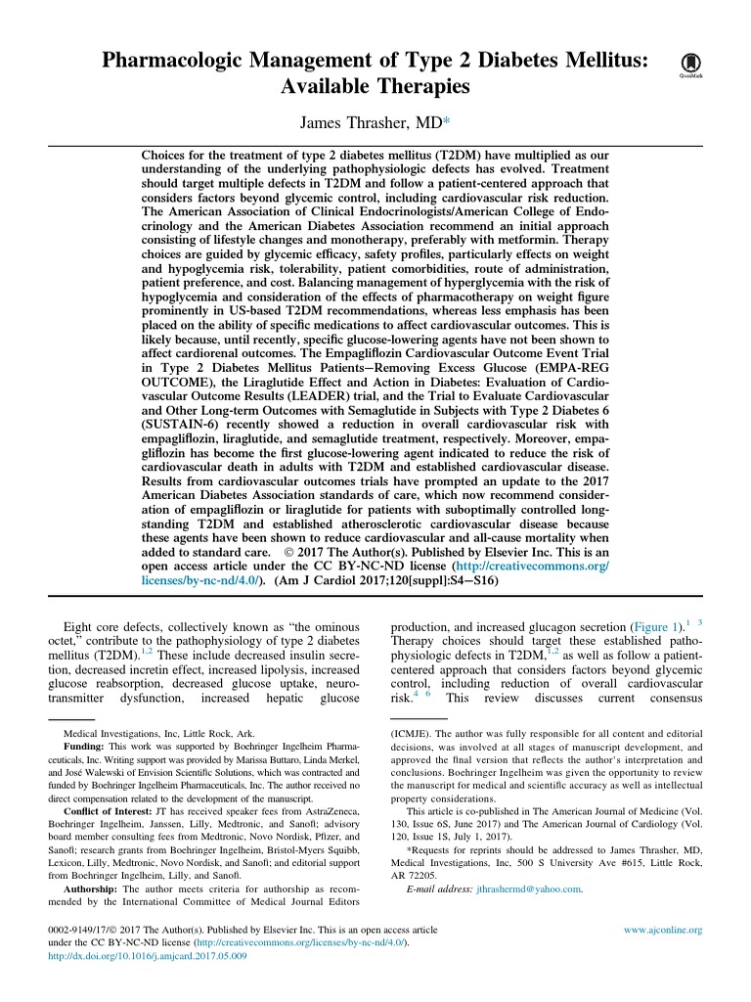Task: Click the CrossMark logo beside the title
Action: coord(688,65)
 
